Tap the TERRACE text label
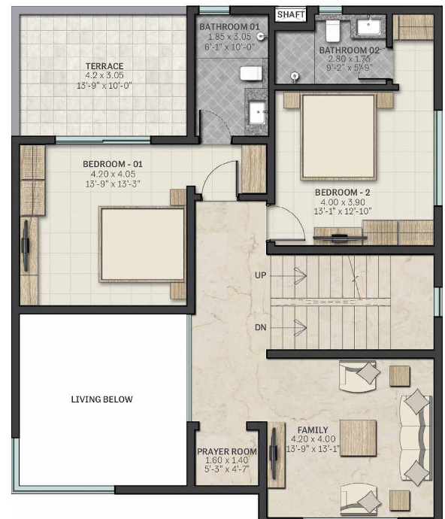click(104, 66)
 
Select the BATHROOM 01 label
click(224, 28)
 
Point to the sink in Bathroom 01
click(258, 113)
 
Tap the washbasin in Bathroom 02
click(371, 28)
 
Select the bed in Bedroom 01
click(143, 244)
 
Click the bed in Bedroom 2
click(338, 136)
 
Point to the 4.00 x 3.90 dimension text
click(343, 202)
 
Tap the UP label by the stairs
click(262, 276)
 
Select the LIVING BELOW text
click(102, 399)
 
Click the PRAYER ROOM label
click(227, 452)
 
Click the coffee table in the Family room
click(358, 438)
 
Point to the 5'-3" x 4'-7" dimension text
click(227, 470)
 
